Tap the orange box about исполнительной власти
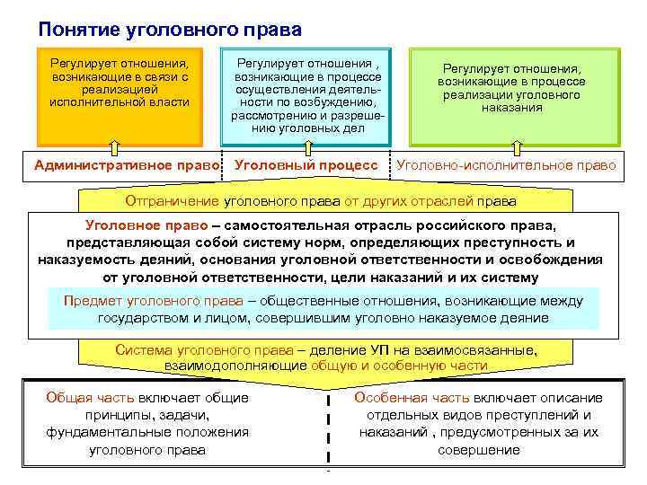tap(120, 94)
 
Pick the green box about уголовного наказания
tap(511, 94)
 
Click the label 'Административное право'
tap(128, 165)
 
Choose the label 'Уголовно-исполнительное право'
tap(506, 165)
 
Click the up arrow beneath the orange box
tap(114, 145)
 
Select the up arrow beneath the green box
tap(518, 145)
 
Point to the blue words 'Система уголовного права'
tap(197, 350)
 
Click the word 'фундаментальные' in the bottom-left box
tap(100, 432)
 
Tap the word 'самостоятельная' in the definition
tap(286, 225)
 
